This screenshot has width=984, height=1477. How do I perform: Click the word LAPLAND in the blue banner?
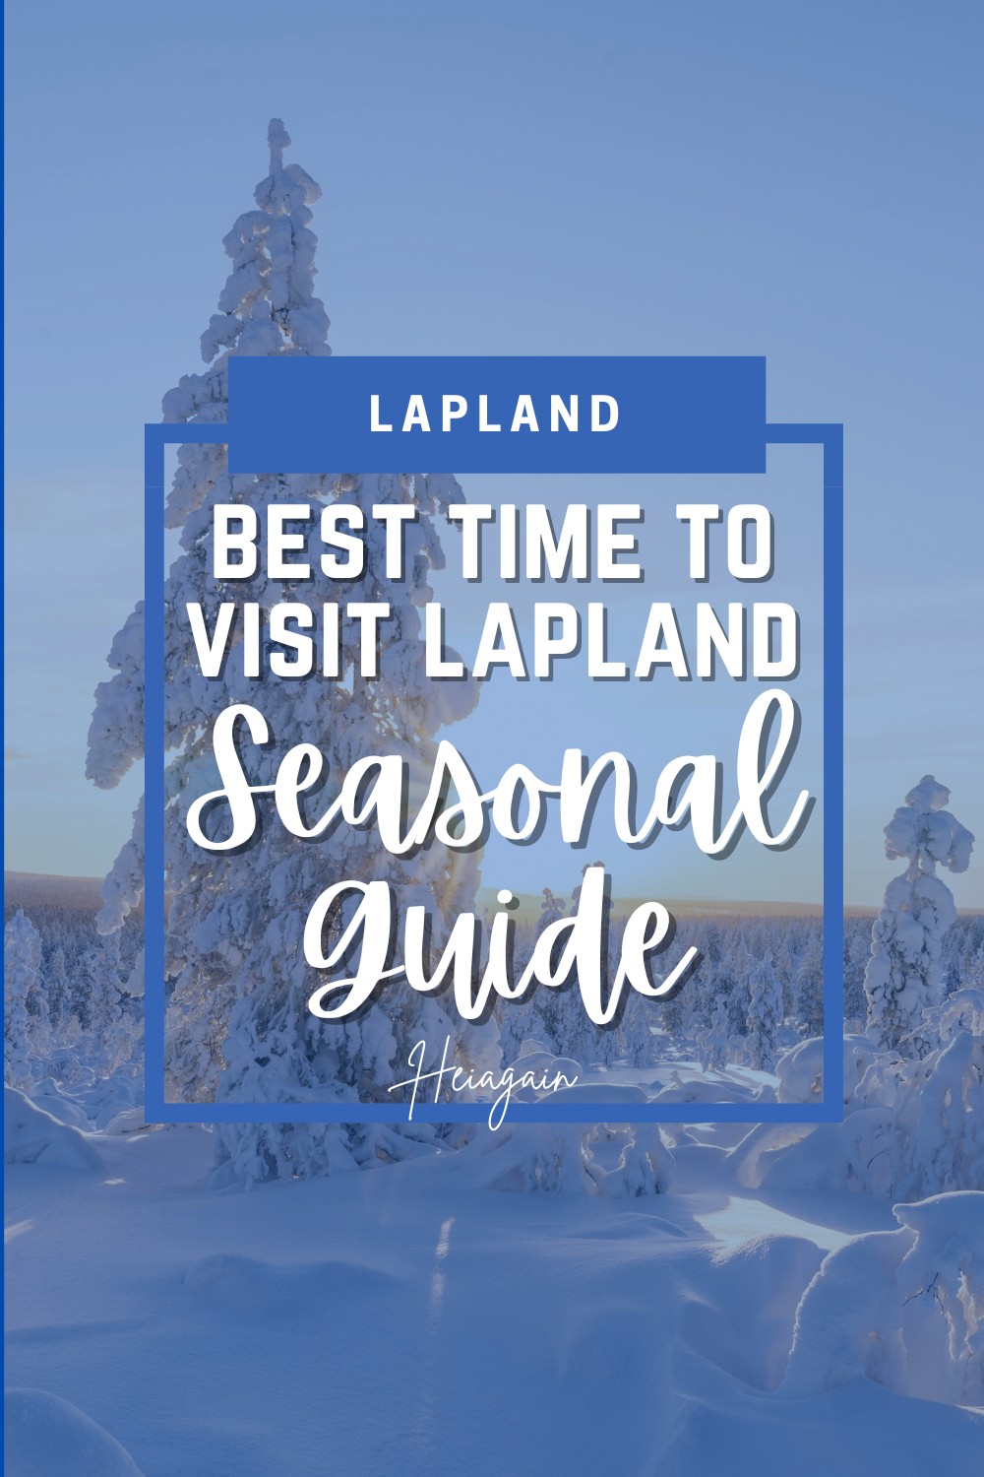coord(495,415)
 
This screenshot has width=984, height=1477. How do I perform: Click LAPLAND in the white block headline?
coord(611,641)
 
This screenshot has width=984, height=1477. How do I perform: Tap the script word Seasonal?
coord(497,788)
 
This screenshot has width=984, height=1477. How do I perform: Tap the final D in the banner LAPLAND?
coord(607,415)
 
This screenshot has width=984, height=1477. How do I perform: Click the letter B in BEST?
coord(239,542)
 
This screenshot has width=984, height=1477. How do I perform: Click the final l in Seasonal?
coord(777,768)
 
